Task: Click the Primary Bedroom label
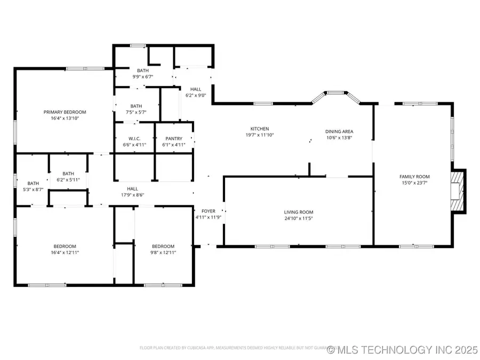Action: (x=65, y=112)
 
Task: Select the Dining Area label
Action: (x=339, y=131)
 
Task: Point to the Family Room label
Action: (x=414, y=177)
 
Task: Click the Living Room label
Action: (x=298, y=212)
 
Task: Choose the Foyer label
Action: (x=207, y=211)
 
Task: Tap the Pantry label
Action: (x=174, y=139)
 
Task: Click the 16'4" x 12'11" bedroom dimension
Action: (x=65, y=252)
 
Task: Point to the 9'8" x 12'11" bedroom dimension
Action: (x=162, y=252)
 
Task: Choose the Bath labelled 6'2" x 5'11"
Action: (x=68, y=179)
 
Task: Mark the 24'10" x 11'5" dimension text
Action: (x=298, y=218)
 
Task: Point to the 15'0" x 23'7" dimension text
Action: (x=414, y=183)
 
